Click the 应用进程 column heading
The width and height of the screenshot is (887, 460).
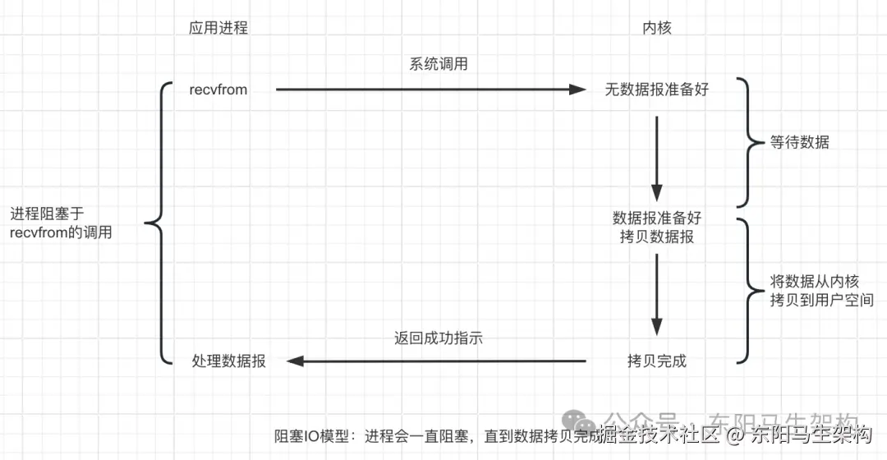click(x=218, y=28)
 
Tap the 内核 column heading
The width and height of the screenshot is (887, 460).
click(x=656, y=28)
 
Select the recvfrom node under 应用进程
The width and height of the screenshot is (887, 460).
click(x=218, y=90)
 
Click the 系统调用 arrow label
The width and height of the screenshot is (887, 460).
click(x=439, y=64)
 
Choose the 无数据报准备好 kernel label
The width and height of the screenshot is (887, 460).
click(x=656, y=90)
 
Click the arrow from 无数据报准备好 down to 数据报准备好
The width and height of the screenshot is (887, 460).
click(x=656, y=156)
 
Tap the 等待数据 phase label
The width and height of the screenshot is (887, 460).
click(x=799, y=142)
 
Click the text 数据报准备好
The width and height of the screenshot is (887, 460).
click(x=656, y=218)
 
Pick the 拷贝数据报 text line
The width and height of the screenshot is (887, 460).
click(x=656, y=237)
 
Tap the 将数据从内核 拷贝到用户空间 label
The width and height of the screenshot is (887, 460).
click(x=821, y=291)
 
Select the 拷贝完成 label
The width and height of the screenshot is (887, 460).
click(x=656, y=361)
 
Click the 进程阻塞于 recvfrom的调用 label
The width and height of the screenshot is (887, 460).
click(x=62, y=223)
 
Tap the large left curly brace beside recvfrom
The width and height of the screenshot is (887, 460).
click(x=159, y=223)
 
